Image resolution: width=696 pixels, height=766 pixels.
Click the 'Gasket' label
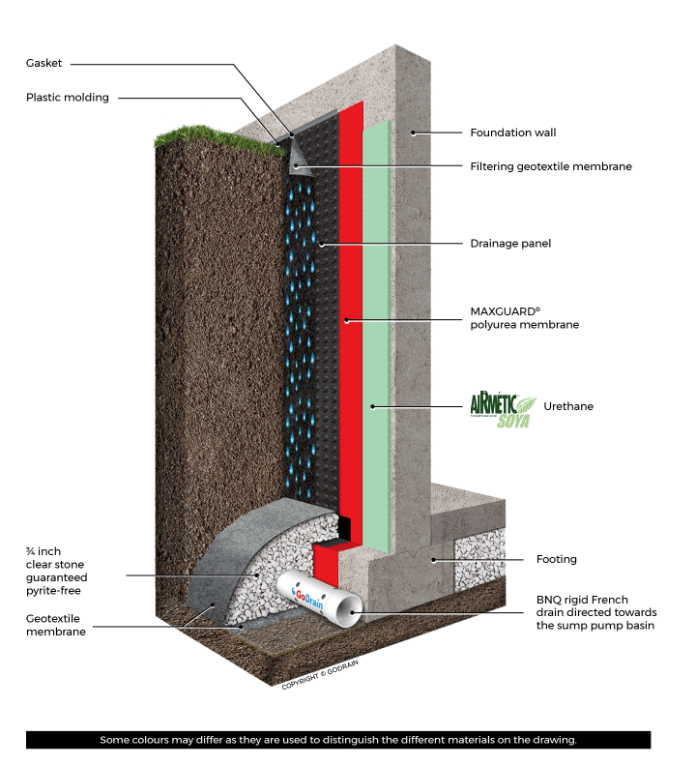tap(44, 64)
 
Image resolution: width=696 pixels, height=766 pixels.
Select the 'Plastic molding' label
tap(68, 97)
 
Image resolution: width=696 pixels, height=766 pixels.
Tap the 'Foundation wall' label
tap(512, 133)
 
